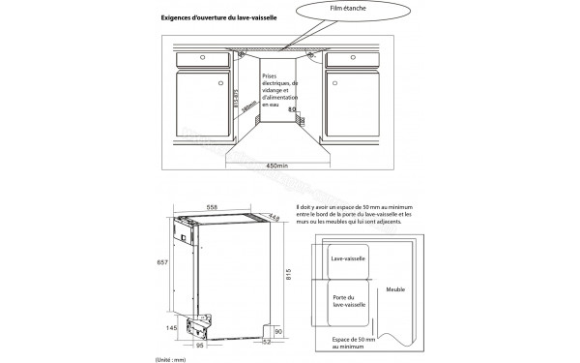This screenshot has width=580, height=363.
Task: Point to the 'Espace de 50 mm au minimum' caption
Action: [x=358, y=343]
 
